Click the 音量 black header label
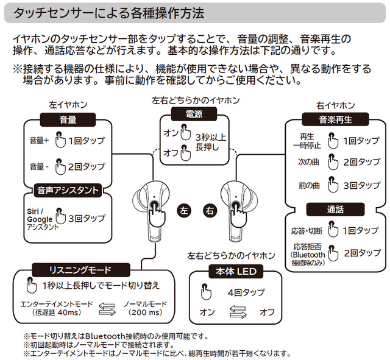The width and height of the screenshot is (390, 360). click(x=68, y=119)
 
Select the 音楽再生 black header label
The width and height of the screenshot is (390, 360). click(x=336, y=119)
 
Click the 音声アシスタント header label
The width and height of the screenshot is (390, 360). click(x=68, y=190)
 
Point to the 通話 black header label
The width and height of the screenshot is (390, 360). click(x=335, y=210)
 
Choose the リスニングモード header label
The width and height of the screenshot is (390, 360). click(x=80, y=269)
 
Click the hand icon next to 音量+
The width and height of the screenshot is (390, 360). click(x=59, y=141)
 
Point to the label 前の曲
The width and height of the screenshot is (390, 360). click(x=309, y=185)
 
